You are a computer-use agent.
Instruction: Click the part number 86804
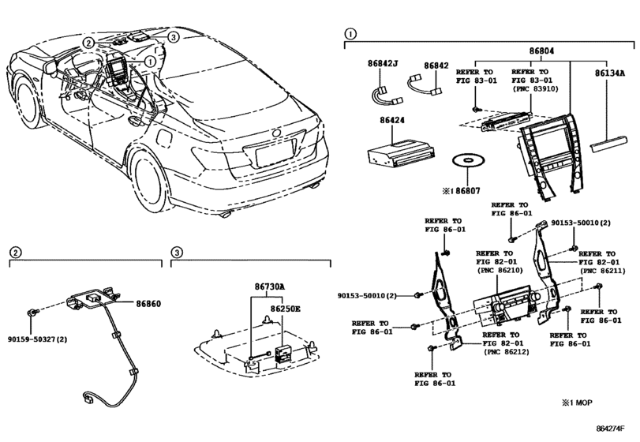541,51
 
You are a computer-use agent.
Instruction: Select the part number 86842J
383,64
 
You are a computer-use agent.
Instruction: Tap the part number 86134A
609,73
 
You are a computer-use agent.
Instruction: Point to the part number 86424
392,121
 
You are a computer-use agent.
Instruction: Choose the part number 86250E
285,309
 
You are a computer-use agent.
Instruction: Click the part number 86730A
269,287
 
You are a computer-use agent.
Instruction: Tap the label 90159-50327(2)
38,339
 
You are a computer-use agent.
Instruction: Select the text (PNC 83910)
534,89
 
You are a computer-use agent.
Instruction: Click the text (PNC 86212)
506,352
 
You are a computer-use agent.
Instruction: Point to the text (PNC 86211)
602,270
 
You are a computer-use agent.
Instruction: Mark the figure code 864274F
611,429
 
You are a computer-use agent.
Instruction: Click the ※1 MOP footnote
577,403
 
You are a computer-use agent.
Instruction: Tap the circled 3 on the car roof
173,37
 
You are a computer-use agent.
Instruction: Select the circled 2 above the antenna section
15,253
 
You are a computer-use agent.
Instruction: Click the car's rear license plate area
275,152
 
